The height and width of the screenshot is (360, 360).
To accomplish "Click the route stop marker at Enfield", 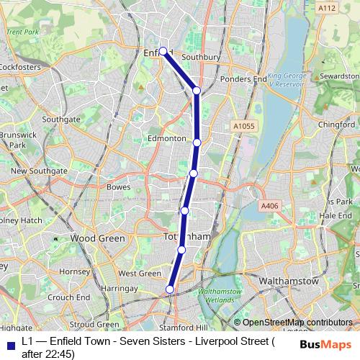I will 163,51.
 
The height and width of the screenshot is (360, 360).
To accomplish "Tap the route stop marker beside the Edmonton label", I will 197,142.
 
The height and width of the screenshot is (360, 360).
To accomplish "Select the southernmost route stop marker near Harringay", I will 170,289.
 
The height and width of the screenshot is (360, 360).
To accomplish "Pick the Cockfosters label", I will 19,67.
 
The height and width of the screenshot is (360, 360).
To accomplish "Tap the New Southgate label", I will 39,171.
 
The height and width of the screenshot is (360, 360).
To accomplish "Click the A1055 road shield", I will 243,126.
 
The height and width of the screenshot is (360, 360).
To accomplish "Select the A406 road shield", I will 269,206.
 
